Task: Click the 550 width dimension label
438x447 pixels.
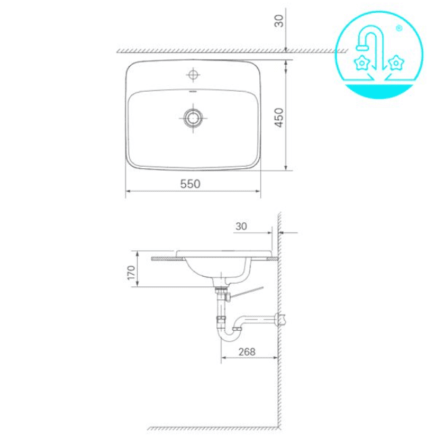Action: (190, 184)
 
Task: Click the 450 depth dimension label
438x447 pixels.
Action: (278, 117)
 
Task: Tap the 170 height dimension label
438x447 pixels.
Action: (131, 273)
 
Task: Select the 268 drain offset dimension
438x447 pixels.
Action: (247, 352)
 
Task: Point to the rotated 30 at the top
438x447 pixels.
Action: (278, 21)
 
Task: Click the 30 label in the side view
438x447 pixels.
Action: (241, 226)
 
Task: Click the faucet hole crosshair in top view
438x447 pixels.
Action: (193, 75)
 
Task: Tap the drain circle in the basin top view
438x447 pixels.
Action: (193, 117)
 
